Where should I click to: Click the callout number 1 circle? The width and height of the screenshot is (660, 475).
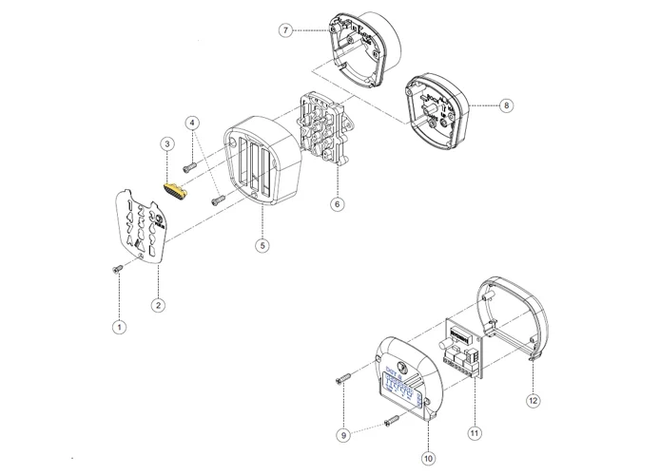(119, 327)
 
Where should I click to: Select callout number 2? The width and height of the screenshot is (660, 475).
(158, 305)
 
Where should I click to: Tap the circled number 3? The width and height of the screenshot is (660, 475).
(167, 144)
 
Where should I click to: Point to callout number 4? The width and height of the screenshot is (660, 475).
(192, 123)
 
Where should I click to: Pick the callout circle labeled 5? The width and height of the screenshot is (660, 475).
(262, 245)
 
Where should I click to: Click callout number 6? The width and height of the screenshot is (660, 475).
(336, 203)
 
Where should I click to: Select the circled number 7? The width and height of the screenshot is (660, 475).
(285, 30)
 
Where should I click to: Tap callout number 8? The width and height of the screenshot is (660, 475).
(506, 105)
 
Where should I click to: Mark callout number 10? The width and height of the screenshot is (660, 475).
(428, 457)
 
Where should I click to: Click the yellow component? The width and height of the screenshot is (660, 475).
(175, 192)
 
